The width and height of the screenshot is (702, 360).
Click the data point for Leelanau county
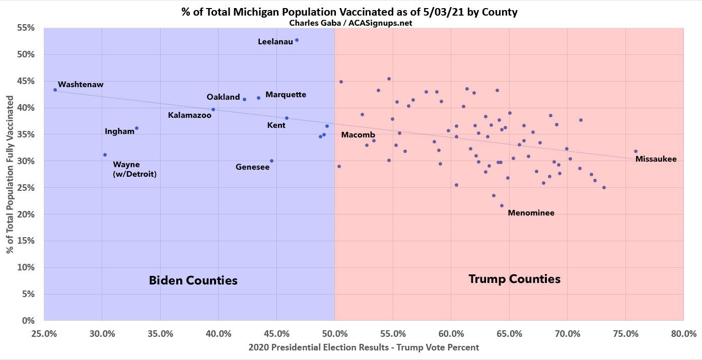tap(297, 40)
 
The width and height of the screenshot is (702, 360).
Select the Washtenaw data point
tap(55, 90)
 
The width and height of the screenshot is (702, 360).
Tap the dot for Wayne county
tap(105, 155)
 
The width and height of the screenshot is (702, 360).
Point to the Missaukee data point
tap(636, 152)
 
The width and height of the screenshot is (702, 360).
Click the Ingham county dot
tap(136, 128)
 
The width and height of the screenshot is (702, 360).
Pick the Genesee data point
tap(271, 161)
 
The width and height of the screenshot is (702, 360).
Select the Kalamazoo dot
tap(213, 110)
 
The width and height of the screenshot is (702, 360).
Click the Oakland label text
tap(223, 97)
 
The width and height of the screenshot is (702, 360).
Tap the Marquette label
tap(286, 95)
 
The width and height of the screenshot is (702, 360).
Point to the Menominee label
tap(531, 213)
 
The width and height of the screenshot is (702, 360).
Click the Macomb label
tap(358, 135)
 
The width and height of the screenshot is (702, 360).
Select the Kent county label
tap(276, 125)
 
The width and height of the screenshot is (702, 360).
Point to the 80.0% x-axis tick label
tap(683, 333)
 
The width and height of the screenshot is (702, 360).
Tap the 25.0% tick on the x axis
tap(44, 333)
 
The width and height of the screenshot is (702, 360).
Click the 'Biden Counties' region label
tap(193, 281)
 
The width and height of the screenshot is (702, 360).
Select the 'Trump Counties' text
tap(514, 279)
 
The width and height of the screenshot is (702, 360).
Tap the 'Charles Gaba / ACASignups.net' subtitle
tap(350, 23)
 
